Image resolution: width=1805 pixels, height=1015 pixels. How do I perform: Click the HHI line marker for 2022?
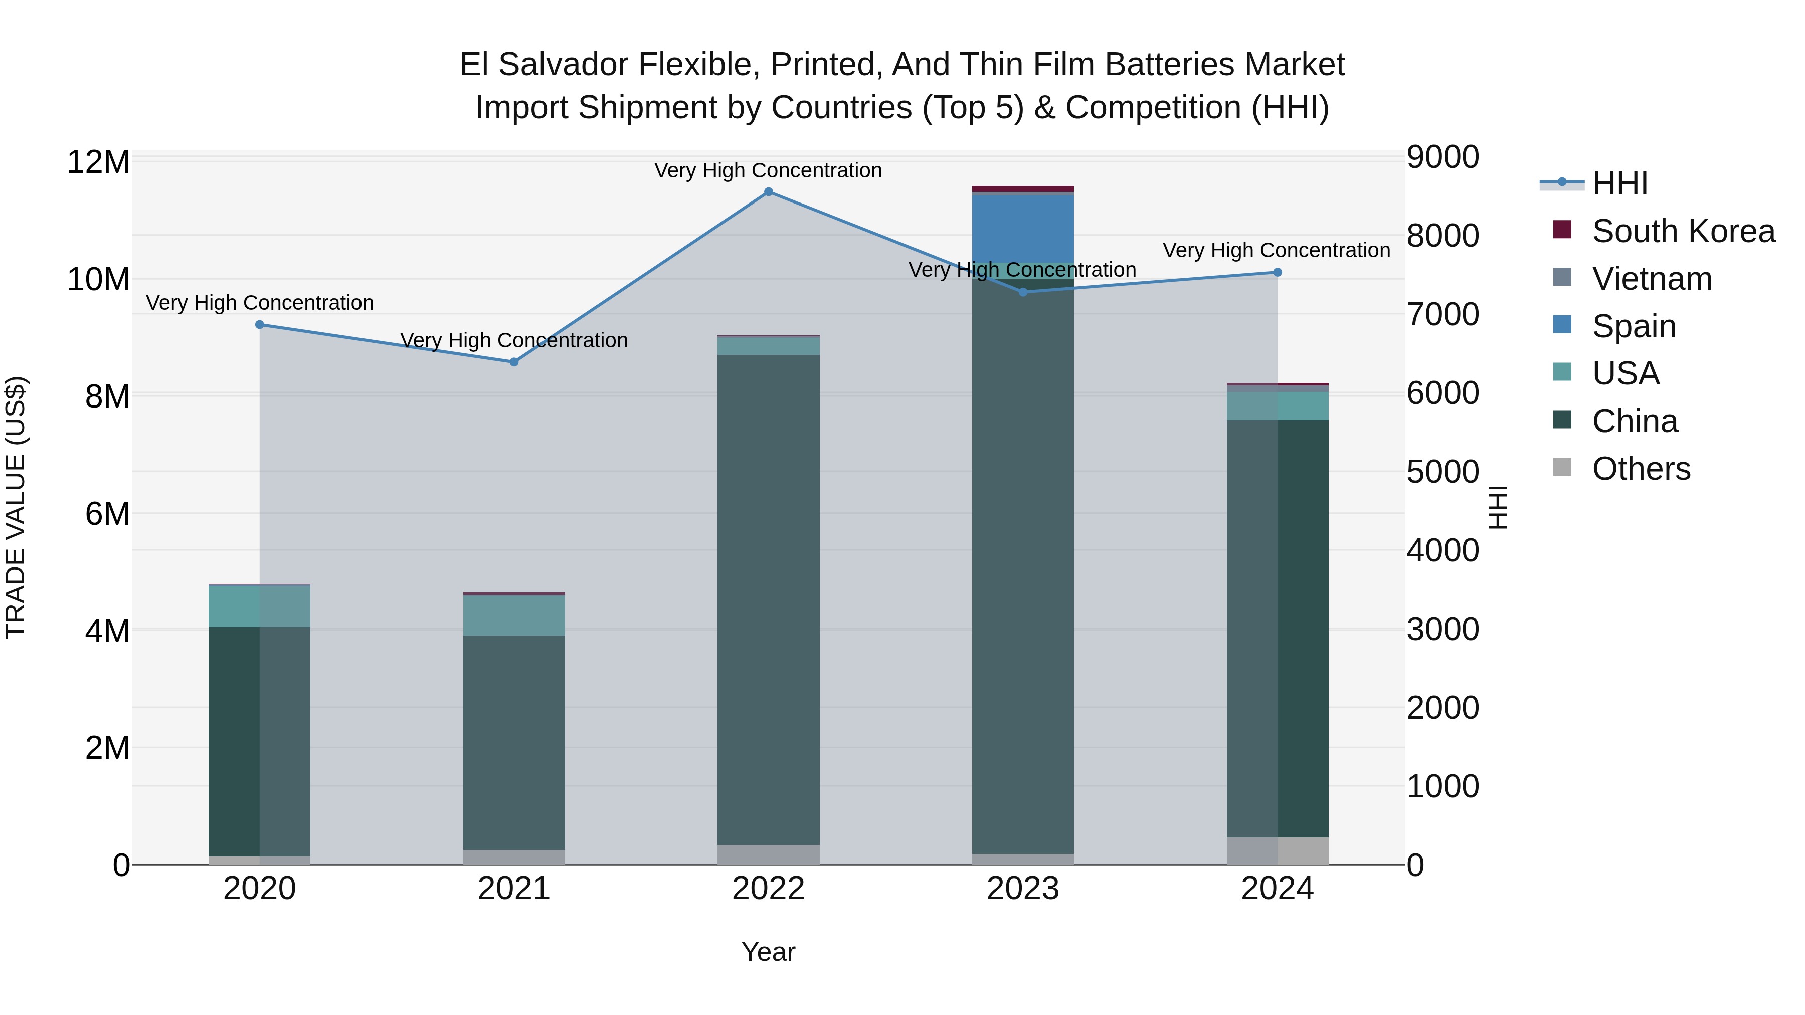(768, 192)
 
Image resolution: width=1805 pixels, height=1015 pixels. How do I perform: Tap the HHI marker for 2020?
(259, 324)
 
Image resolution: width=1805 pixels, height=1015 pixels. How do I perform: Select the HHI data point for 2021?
(513, 362)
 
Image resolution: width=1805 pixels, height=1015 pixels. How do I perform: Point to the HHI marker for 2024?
(1277, 273)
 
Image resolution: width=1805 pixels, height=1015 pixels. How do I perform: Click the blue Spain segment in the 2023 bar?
(1022, 229)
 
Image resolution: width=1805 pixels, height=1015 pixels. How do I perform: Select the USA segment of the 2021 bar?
(513, 616)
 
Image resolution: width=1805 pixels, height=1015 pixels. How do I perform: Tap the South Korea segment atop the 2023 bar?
(1022, 189)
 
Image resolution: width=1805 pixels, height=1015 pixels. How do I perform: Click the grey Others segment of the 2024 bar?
(1277, 851)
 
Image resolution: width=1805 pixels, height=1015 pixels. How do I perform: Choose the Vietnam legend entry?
(1652, 279)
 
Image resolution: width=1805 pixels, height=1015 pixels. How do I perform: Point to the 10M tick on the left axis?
(98, 280)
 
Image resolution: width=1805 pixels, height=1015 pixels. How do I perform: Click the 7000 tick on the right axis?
(1442, 314)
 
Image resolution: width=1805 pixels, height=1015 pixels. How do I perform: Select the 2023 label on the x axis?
(1022, 889)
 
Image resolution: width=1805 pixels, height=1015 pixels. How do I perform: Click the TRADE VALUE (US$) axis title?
(16, 507)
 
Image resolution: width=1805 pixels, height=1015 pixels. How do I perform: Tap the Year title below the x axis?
(768, 952)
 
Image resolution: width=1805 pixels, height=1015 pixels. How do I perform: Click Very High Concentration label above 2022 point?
(768, 171)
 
